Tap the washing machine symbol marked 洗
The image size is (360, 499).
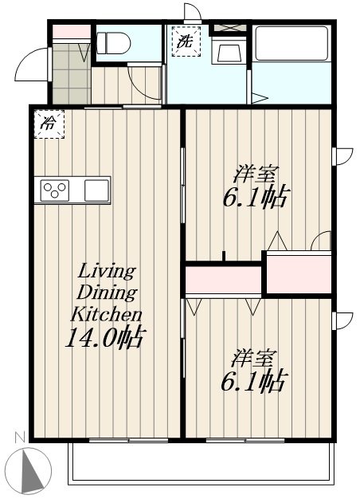click(x=186, y=41)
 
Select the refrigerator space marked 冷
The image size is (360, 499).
click(x=49, y=124)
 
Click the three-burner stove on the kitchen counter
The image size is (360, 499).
click(x=55, y=191)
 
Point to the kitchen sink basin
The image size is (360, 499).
click(x=96, y=191)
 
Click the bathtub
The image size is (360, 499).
click(x=292, y=43)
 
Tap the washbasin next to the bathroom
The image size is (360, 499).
click(x=229, y=52)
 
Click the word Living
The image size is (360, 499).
click(x=107, y=272)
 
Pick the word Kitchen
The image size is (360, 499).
click(x=106, y=314)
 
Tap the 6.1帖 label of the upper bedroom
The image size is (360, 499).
click(x=256, y=198)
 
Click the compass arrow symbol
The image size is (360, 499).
click(x=33, y=470)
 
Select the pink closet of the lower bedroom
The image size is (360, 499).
click(x=224, y=280)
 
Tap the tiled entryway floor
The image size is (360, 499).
click(x=71, y=74)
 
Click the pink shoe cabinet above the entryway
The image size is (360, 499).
click(x=71, y=32)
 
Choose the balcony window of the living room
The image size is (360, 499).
click(x=128, y=441)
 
